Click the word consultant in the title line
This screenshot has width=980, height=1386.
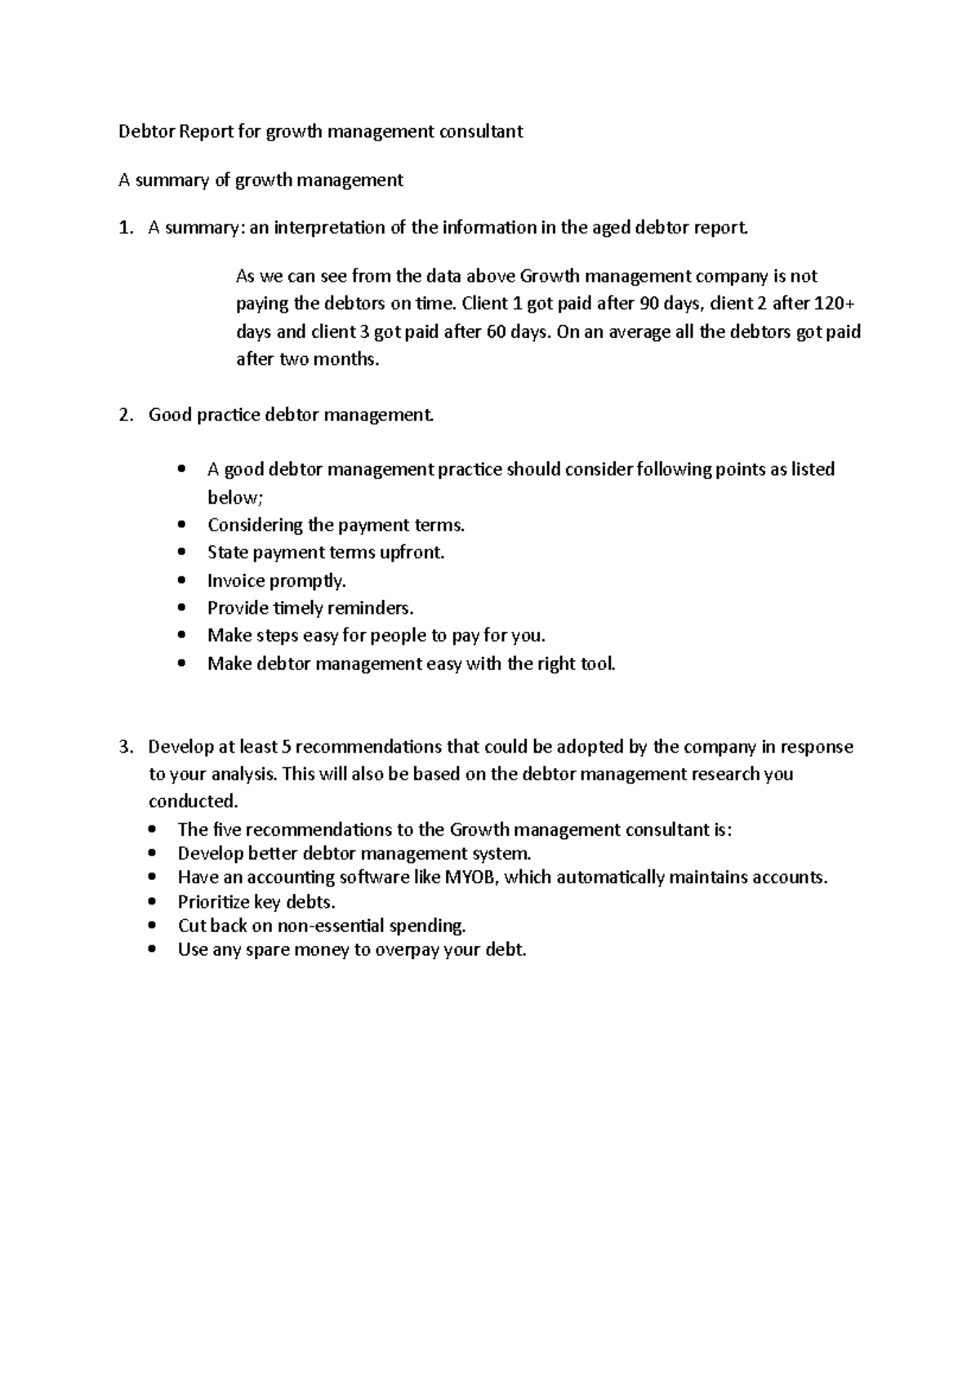click(x=481, y=131)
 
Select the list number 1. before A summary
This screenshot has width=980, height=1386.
click(x=125, y=228)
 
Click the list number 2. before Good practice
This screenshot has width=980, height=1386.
click(x=125, y=415)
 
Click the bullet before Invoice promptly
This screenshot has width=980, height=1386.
click(x=181, y=581)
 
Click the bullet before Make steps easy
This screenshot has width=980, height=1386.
click(x=181, y=636)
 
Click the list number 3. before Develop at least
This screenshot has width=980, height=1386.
click(x=125, y=747)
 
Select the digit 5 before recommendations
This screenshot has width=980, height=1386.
click(x=285, y=747)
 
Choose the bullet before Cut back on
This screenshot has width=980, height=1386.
click(x=152, y=926)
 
